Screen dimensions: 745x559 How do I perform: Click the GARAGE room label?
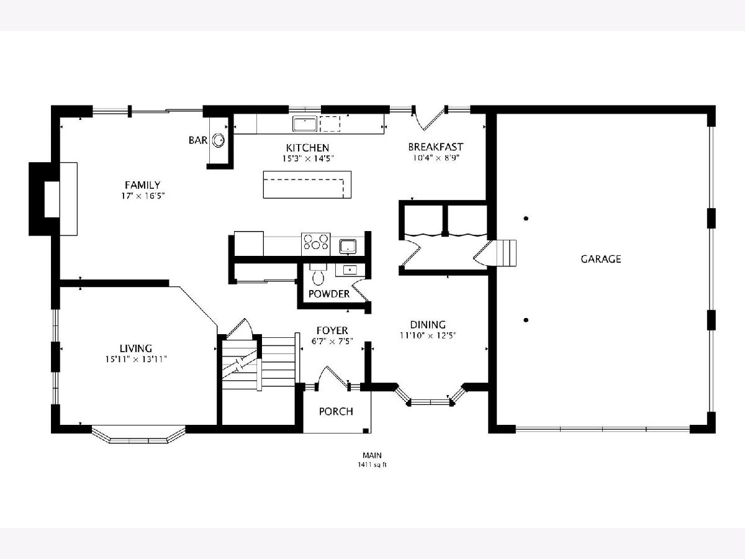[601, 259]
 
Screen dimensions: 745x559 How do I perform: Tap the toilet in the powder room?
[318, 275]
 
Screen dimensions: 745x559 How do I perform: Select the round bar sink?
[219, 140]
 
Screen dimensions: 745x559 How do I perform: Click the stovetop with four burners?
[315, 244]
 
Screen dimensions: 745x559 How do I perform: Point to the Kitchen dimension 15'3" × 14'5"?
[308, 158]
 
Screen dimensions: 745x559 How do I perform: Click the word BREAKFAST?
[435, 147]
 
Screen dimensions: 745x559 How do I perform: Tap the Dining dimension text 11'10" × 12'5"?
[428, 335]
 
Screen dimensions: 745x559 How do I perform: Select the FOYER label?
[332, 330]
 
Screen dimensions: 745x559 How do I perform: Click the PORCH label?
[336, 411]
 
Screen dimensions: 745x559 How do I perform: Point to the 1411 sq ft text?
[372, 465]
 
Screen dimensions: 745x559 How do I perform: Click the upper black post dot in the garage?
[526, 219]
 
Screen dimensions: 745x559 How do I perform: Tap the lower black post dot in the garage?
[526, 320]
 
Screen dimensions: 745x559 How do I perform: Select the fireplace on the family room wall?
[53, 199]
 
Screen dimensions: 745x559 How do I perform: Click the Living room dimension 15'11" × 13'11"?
[136, 360]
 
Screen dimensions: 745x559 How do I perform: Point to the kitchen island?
[307, 184]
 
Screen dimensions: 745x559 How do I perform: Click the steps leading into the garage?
[506, 253]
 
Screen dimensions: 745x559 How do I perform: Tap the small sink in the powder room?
[350, 270]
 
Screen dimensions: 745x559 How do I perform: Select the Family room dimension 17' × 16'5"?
[143, 196]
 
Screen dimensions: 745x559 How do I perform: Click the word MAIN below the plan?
[372, 455]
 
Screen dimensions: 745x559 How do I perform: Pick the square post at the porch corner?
[366, 431]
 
